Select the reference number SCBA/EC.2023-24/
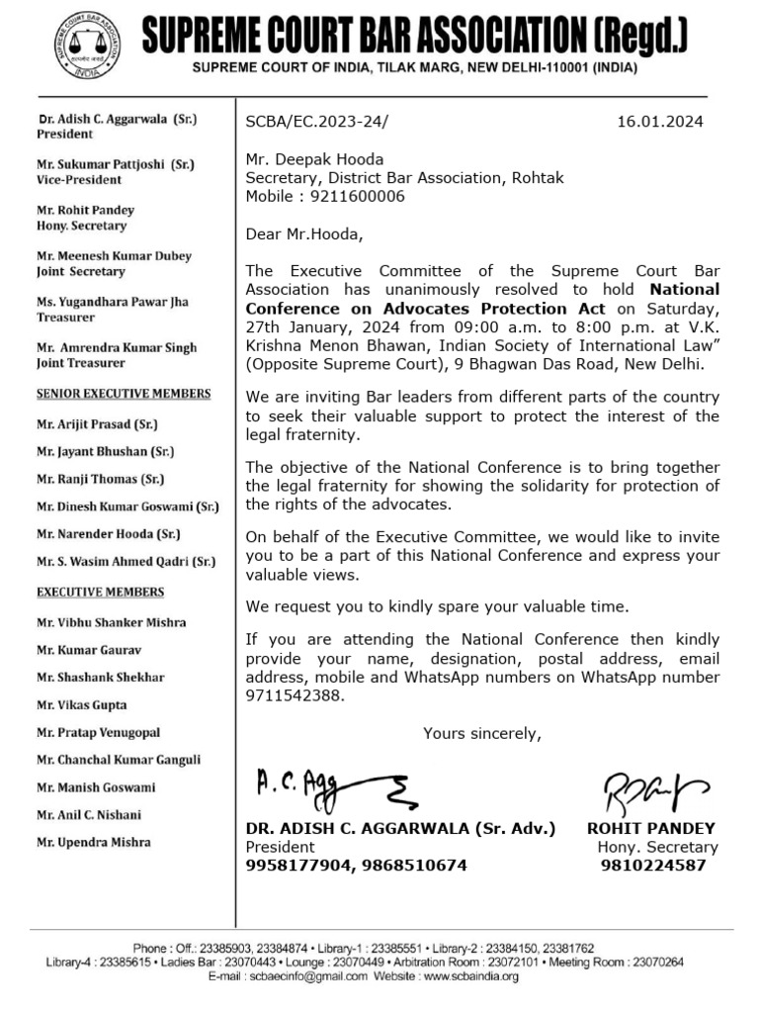317,122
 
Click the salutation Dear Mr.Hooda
304,234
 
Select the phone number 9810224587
653,866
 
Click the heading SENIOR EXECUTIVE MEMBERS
124,394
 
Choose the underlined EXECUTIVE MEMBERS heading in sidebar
101,592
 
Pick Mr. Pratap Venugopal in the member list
98,733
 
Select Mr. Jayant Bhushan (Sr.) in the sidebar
105,451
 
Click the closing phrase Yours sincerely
482,733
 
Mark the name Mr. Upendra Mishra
94,842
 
